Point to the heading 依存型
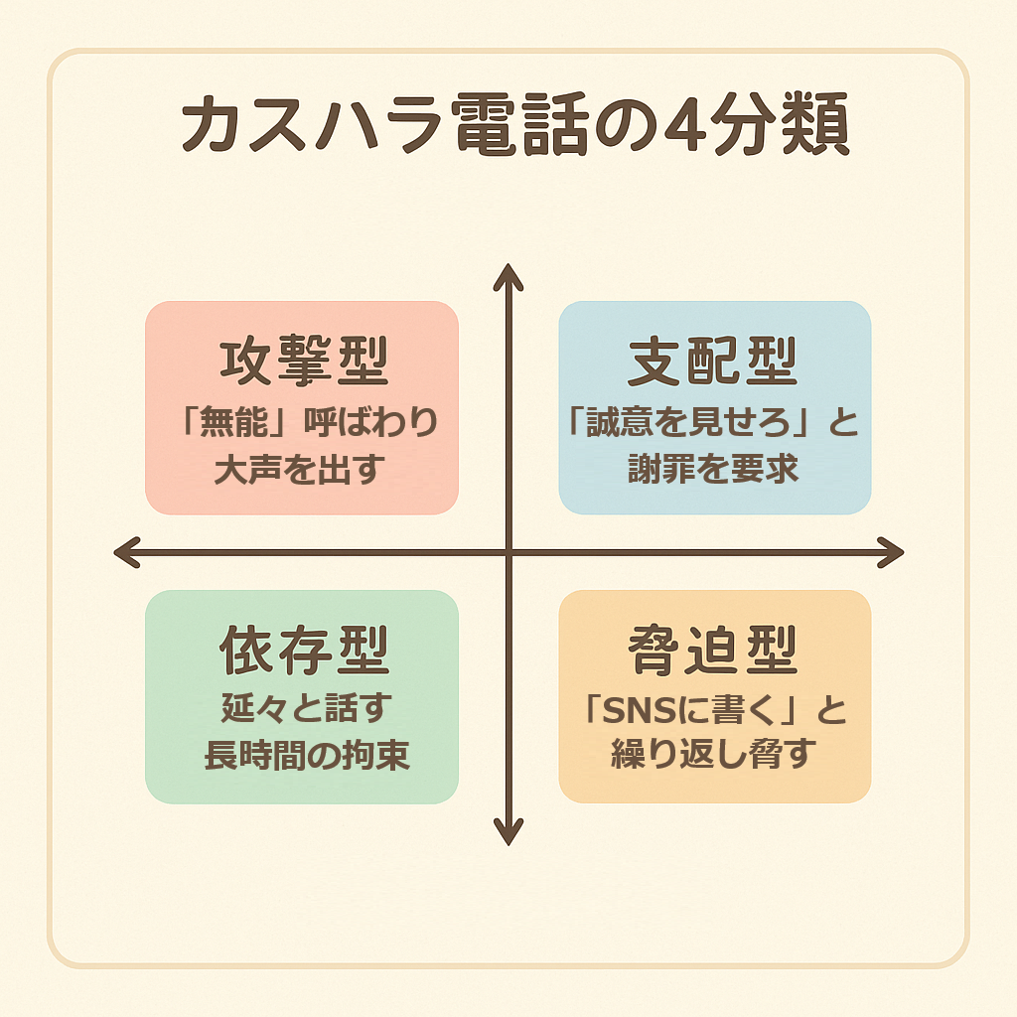tap(303, 652)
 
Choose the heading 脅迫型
tap(714, 652)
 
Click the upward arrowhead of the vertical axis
tap(508, 273)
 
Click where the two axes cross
tap(508, 552)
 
